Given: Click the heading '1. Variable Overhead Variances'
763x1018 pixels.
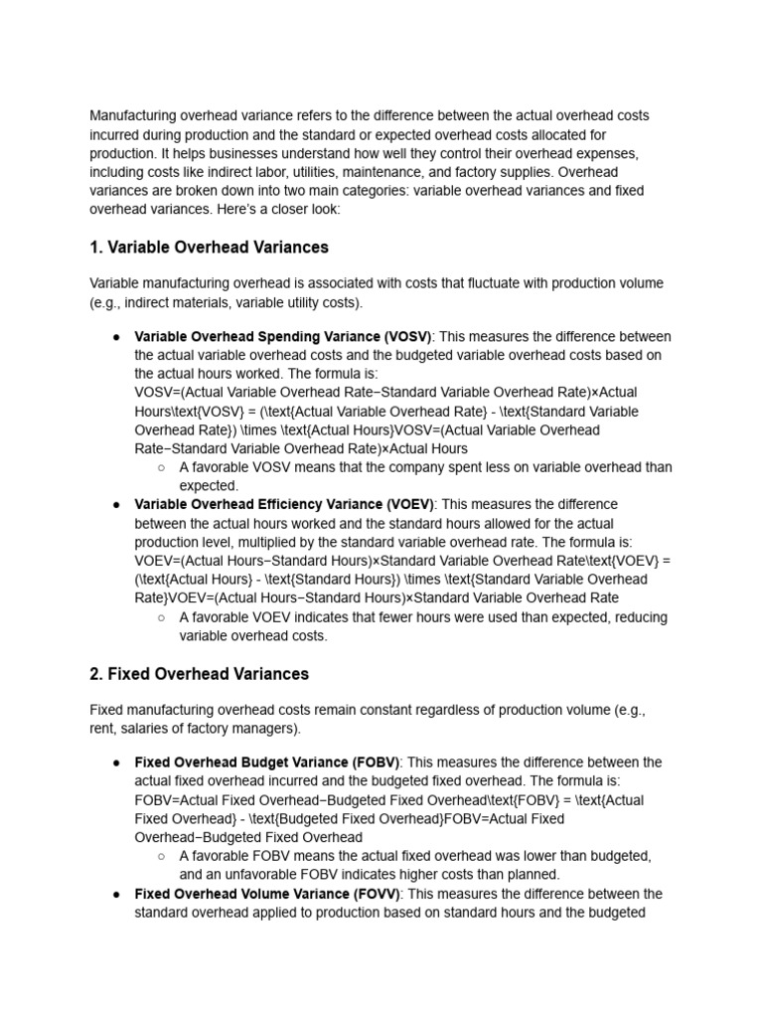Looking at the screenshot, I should [x=209, y=247].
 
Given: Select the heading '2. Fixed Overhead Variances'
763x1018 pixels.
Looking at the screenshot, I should [x=199, y=674].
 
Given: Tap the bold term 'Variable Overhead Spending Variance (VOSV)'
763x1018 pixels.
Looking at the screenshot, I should [x=282, y=336].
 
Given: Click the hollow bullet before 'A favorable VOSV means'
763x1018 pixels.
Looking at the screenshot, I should [x=162, y=467].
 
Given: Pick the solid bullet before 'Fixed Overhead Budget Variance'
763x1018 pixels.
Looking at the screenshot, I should [x=117, y=763].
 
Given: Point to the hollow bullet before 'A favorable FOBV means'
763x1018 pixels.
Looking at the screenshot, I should [x=162, y=856].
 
